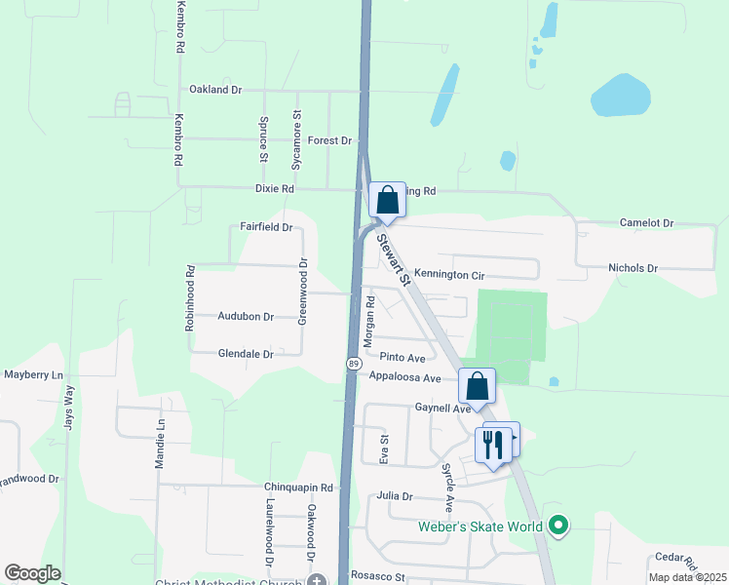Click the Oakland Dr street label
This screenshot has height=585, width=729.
215,90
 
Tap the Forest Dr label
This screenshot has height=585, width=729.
329,140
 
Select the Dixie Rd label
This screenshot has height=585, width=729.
274,188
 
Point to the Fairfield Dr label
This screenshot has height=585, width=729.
266,227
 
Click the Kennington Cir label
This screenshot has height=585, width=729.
449,275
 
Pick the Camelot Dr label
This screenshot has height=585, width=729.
646,223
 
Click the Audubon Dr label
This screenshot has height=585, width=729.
246,317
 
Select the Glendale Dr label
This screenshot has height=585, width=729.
246,354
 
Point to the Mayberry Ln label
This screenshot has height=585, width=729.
33,374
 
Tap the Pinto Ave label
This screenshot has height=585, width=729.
403,358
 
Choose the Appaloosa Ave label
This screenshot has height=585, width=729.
405,377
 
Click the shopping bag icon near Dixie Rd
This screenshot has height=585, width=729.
387,201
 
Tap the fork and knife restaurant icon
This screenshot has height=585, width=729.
491,445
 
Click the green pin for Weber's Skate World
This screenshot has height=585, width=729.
557,527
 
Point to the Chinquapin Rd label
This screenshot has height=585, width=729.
298,487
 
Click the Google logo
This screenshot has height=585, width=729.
32,573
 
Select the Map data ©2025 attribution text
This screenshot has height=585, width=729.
686,577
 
